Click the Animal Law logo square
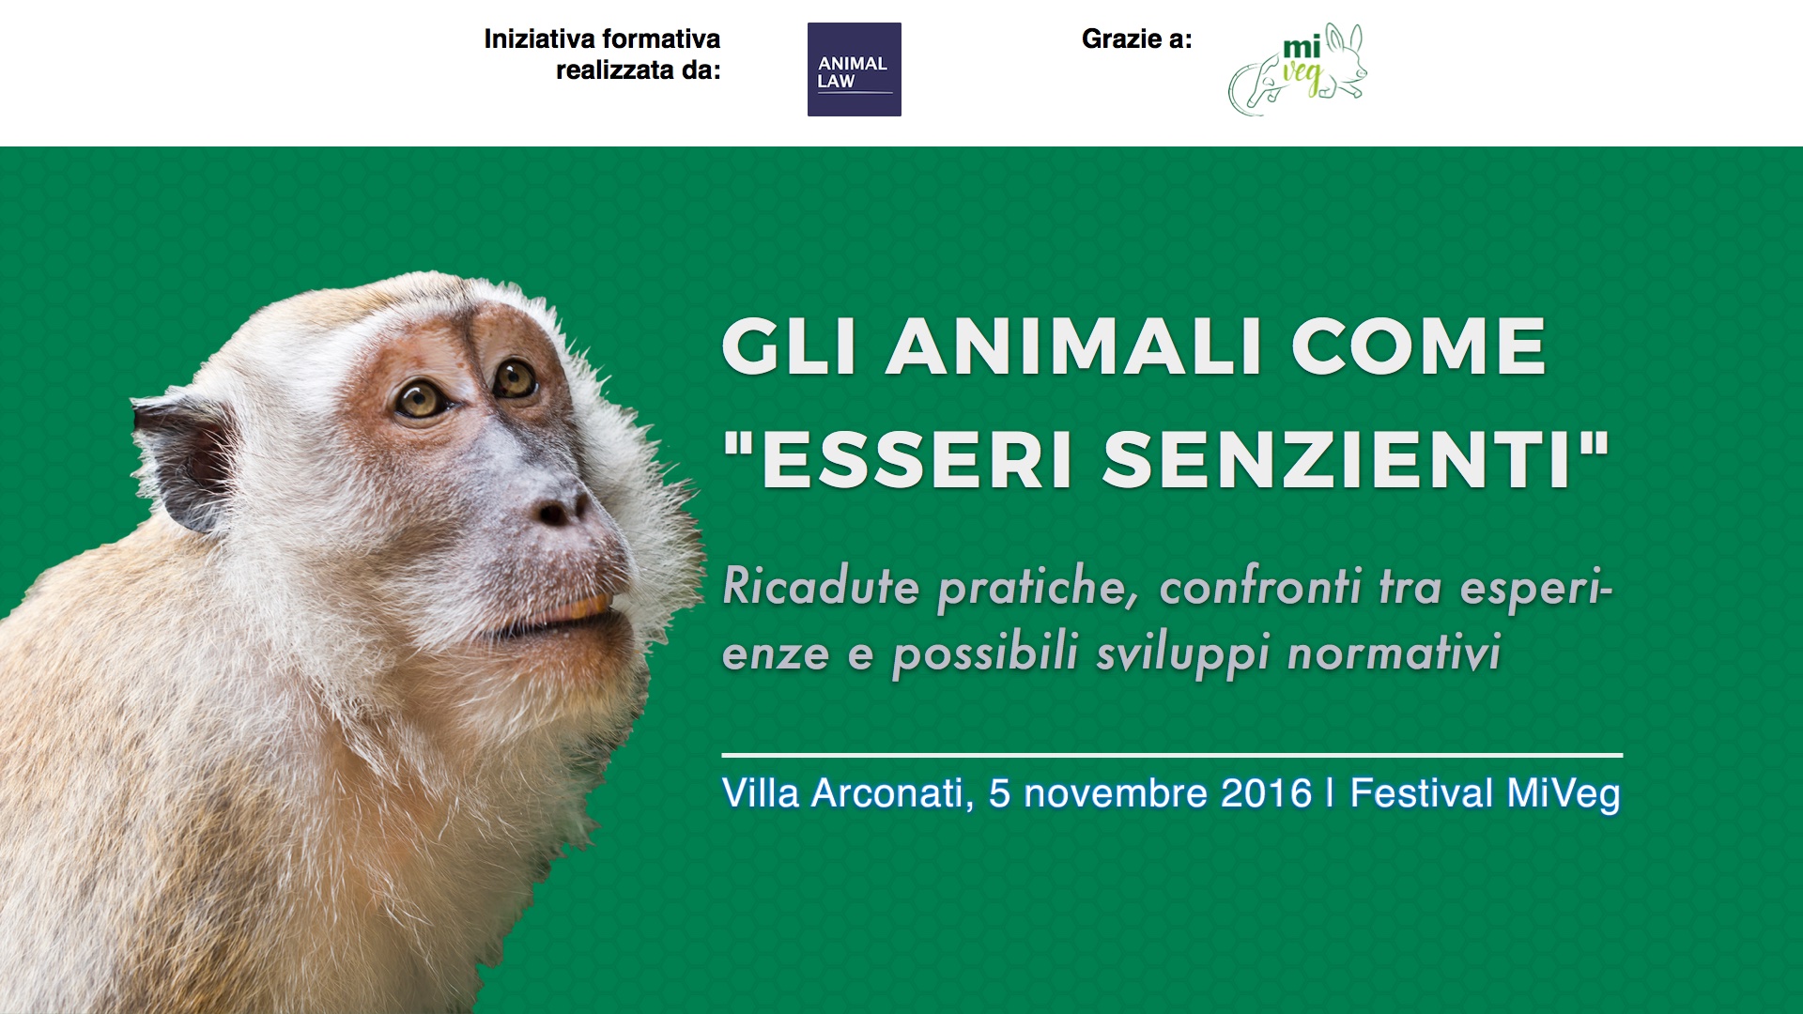click(x=855, y=69)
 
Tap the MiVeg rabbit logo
click(x=1298, y=69)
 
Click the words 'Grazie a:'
click(x=1136, y=39)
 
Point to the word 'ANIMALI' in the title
click(x=1074, y=346)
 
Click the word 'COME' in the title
click(x=1418, y=346)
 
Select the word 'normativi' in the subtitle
click(x=1395, y=653)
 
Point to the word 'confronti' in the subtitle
click(x=1260, y=587)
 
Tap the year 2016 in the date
click(x=1266, y=793)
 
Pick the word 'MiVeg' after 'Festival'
click(x=1564, y=794)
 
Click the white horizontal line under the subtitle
click(x=1172, y=755)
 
